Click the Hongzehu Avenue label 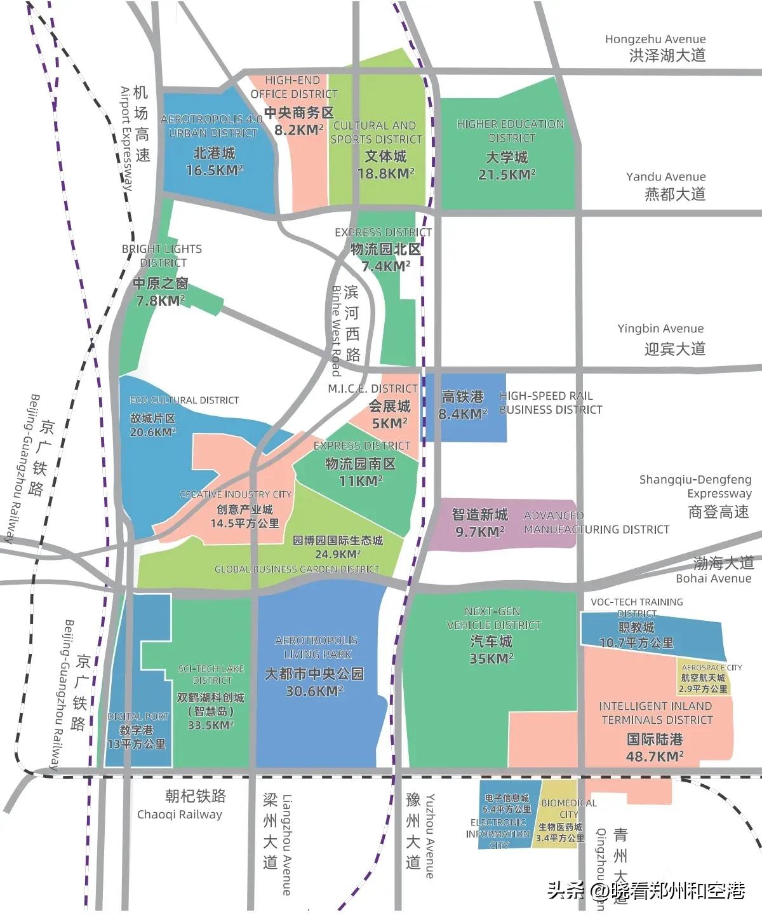655,39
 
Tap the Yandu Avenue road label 665,177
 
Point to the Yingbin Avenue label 660,329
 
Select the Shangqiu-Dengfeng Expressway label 695,486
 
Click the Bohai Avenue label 713,578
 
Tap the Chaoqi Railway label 180,814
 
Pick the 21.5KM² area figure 507,174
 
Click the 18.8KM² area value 385,173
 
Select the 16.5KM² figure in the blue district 214,170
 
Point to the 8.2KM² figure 298,130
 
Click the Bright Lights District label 162,255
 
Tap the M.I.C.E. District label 373,388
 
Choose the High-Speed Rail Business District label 550,403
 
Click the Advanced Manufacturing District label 596,522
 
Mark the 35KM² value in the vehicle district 491,659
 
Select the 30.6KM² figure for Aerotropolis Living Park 314,691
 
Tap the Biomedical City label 568,808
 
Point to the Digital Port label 138,716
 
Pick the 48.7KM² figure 655,756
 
